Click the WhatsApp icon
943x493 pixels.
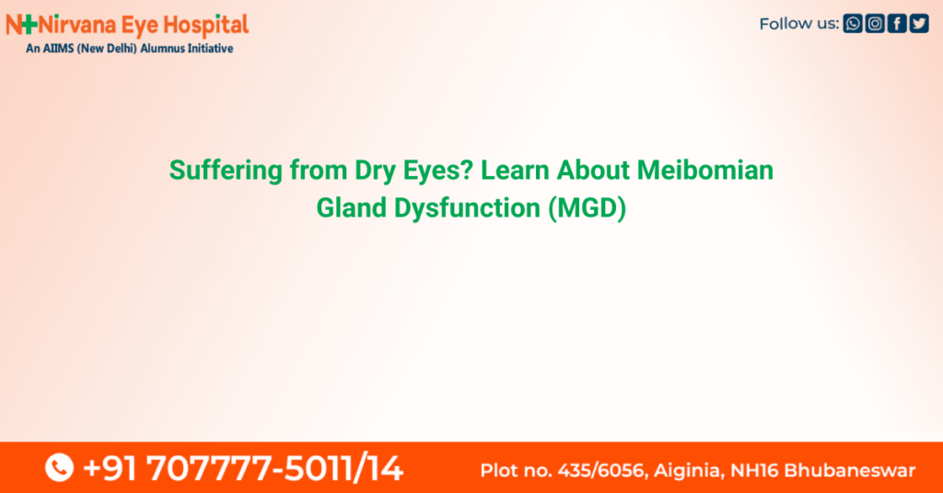point(852,23)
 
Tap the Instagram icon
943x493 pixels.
point(875,23)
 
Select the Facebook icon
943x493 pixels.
point(897,23)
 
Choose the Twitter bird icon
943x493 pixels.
point(919,23)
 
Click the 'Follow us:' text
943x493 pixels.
point(799,24)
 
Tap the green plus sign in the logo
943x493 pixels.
point(29,25)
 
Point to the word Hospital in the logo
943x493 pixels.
point(205,26)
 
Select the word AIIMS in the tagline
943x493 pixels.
point(58,49)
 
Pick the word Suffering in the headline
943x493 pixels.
point(226,171)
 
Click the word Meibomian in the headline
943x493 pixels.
point(704,170)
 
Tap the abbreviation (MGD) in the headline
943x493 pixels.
point(587,208)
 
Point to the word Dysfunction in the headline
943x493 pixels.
point(467,209)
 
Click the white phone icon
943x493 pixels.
point(59,468)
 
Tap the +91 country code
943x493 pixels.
point(110,468)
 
